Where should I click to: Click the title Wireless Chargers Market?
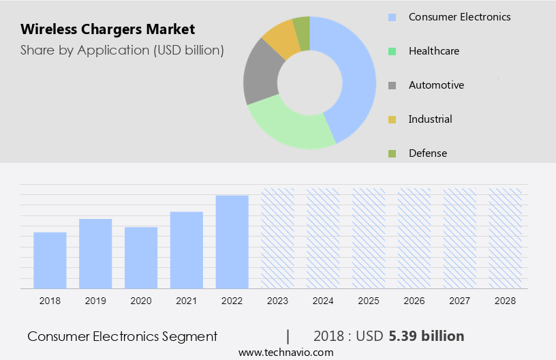(x=108, y=29)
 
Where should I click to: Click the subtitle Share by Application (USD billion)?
(x=122, y=50)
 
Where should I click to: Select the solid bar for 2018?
(x=50, y=260)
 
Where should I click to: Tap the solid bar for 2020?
(x=141, y=258)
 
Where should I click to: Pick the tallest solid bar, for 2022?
(x=232, y=242)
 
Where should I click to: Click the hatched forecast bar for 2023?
(x=278, y=238)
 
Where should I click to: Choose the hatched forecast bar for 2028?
(x=506, y=238)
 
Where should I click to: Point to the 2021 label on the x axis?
(x=187, y=301)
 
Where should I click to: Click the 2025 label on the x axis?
(x=369, y=301)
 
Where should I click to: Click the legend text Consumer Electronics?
(x=459, y=17)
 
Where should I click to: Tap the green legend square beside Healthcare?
(x=392, y=51)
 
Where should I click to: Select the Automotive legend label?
(x=436, y=85)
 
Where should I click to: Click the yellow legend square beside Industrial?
(x=392, y=119)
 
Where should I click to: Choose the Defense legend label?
(x=428, y=153)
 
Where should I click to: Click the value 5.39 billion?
(x=427, y=336)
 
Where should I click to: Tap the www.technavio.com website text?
(x=285, y=352)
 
